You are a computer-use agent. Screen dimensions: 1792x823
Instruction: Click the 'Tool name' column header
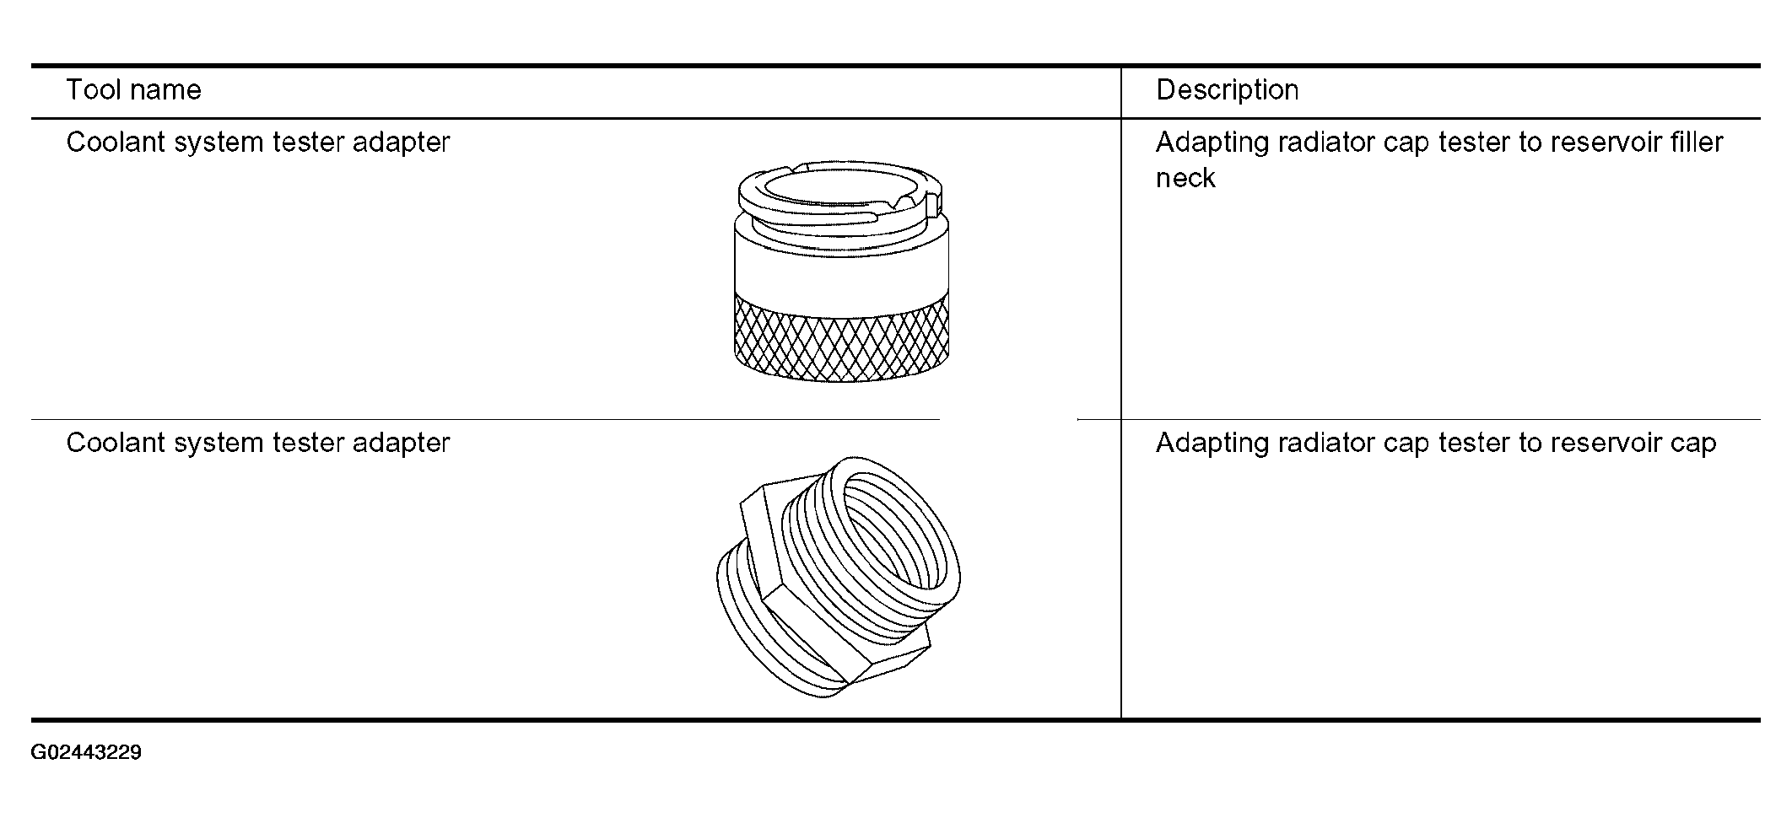point(134,90)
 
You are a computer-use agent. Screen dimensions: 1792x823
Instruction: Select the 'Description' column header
point(1227,90)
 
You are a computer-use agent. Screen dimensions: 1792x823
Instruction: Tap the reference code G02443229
point(86,752)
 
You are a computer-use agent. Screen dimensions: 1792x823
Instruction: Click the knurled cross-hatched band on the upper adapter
point(842,337)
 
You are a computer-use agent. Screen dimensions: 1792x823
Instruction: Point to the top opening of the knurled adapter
point(841,188)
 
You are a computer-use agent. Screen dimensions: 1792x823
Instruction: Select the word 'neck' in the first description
point(1185,178)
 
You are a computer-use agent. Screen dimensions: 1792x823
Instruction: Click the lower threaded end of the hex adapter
point(764,620)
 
